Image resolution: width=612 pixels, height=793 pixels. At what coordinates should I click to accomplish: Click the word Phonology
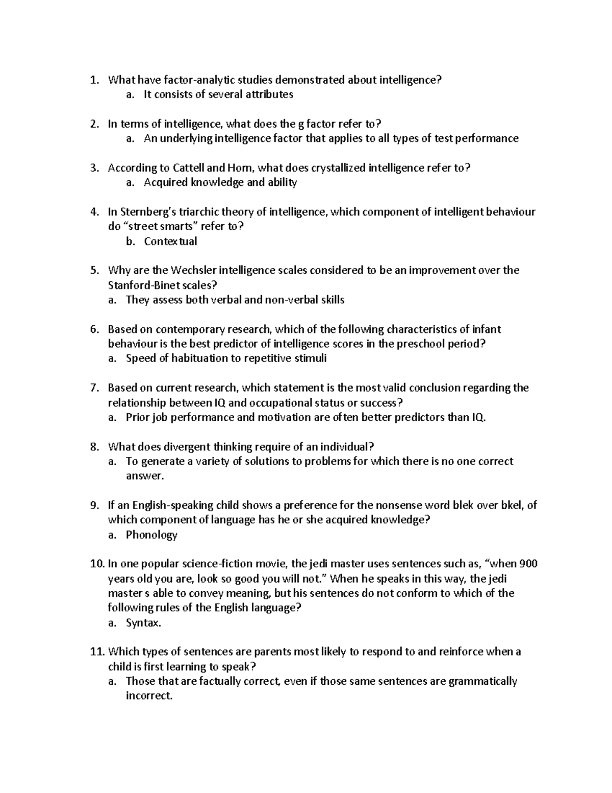coord(151,535)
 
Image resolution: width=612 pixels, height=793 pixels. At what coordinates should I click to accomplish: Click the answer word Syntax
coord(143,623)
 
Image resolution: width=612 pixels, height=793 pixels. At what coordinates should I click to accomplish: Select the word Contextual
coord(170,241)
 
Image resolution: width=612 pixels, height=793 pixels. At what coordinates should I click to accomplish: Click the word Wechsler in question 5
coord(195,270)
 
